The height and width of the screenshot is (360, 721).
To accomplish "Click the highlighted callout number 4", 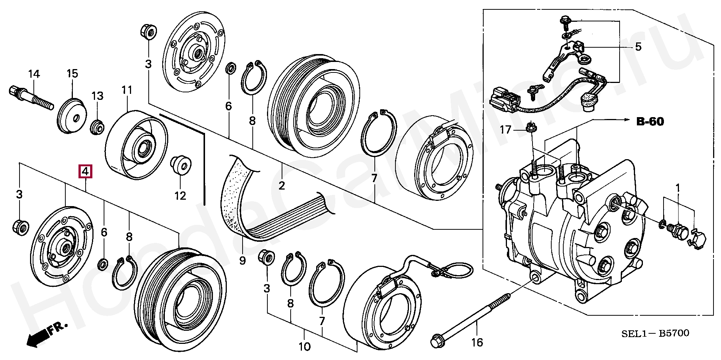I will click(85, 172).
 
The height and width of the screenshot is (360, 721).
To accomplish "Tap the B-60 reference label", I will click(650, 122).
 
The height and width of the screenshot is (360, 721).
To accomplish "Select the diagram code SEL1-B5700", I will click(655, 333).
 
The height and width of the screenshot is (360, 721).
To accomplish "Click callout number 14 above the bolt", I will click(34, 74).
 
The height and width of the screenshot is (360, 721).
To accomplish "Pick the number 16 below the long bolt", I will click(477, 342).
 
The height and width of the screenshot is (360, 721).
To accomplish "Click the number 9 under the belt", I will click(242, 260).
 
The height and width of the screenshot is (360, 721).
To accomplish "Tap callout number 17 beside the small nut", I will click(505, 130).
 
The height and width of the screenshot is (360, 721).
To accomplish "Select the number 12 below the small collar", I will click(180, 196).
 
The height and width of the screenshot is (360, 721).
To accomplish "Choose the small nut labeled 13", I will click(97, 127).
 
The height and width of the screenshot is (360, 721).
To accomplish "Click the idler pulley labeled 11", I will click(136, 145).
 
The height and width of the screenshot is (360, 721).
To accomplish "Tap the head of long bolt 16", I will click(438, 340).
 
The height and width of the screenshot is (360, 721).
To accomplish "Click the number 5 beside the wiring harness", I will click(638, 47).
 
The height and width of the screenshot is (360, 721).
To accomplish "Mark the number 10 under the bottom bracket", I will click(305, 346).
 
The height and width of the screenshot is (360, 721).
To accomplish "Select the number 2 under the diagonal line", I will click(282, 185).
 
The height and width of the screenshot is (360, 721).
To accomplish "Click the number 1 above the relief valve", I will click(678, 187).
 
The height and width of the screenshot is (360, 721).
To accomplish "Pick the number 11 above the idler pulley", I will click(127, 90).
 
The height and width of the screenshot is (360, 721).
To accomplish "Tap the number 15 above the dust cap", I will click(72, 74).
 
